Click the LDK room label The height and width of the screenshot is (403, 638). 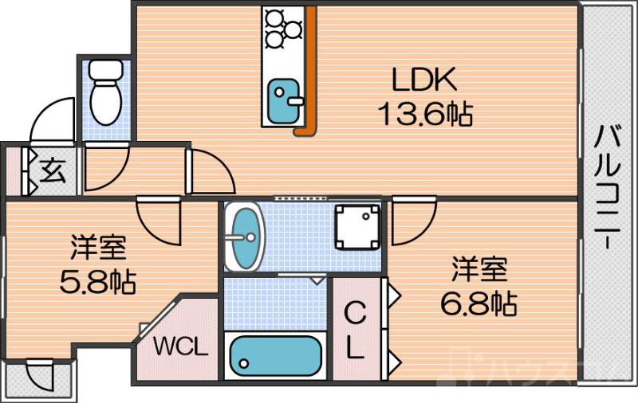tap(423, 80)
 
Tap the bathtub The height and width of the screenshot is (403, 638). tap(274, 356)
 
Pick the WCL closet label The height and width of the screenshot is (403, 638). tap(181, 347)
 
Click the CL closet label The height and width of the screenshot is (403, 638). tap(355, 331)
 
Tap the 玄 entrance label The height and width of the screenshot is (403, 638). tap(53, 170)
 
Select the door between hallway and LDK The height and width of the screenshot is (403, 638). tap(209, 169)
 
